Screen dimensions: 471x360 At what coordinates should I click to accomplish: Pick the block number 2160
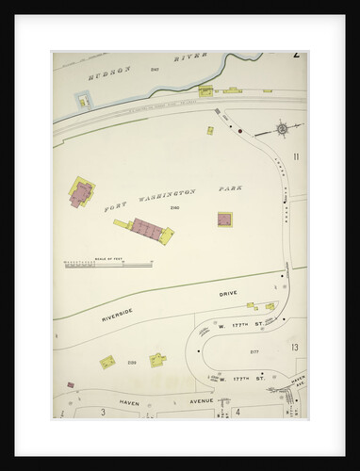point(174,207)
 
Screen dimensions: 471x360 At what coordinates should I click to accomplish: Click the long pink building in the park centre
point(147,229)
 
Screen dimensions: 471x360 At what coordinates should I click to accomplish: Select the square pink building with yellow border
point(224,219)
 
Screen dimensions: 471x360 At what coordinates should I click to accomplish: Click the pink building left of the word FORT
point(81,194)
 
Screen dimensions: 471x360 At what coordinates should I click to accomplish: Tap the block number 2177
point(254,351)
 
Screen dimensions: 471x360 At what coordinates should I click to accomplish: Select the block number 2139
point(132,362)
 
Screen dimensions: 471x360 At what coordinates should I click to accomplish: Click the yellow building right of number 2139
point(157,359)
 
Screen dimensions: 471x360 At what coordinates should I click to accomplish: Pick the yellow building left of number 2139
point(107,362)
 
